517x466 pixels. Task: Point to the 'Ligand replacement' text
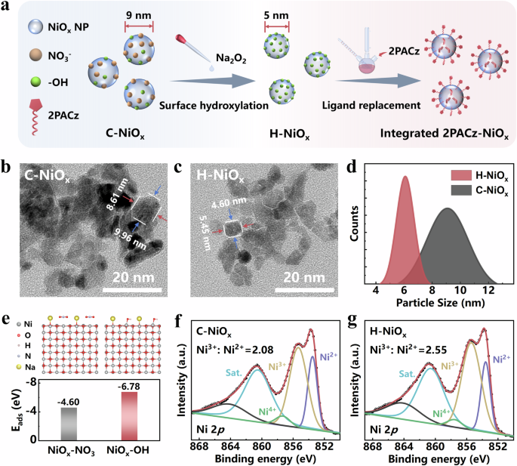366,104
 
